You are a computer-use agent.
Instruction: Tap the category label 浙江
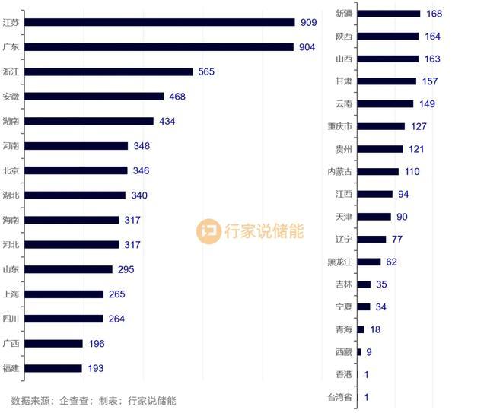(x=11, y=71)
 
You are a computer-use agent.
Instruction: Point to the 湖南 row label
(x=11, y=121)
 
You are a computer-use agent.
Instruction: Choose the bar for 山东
(x=68, y=269)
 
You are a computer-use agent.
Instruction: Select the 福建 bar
(x=53, y=368)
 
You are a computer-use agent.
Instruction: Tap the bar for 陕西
(x=388, y=36)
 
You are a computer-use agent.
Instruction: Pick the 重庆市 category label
(x=339, y=126)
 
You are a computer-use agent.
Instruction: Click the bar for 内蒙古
(x=378, y=172)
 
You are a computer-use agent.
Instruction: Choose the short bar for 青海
(x=361, y=329)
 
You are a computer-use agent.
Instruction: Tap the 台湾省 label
(x=339, y=397)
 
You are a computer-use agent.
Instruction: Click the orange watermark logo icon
(x=208, y=231)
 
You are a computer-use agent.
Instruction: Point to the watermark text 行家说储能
(x=263, y=231)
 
